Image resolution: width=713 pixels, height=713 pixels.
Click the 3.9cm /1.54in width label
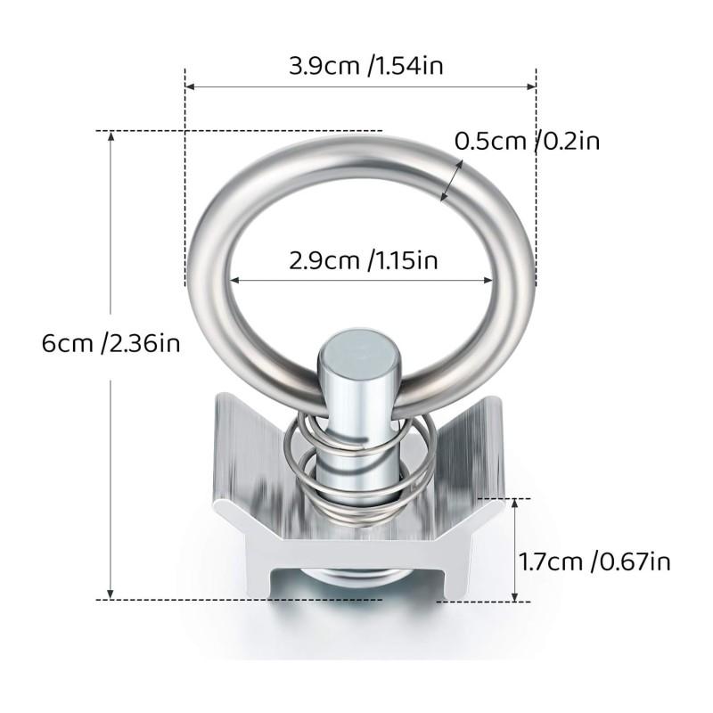(x=360, y=67)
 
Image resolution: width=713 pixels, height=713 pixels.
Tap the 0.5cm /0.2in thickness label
(x=534, y=141)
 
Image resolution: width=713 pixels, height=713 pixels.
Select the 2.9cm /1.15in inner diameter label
(x=360, y=260)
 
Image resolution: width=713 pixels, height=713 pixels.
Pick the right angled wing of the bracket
(x=463, y=446)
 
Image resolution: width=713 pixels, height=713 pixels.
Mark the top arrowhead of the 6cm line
(x=111, y=136)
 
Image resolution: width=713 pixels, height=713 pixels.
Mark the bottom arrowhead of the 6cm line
(x=111, y=594)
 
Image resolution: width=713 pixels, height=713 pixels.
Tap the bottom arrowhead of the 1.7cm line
(x=515, y=594)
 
